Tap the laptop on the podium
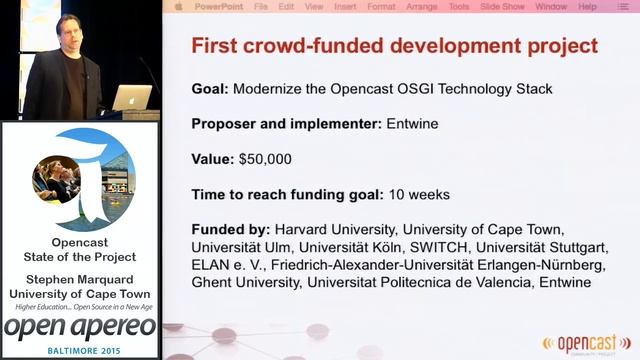pos(131,98)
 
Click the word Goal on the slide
pos(209,89)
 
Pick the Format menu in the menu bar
pos(381,6)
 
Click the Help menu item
pos(587,6)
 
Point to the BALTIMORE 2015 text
pos(80,350)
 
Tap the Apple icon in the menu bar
pos(178,6)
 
